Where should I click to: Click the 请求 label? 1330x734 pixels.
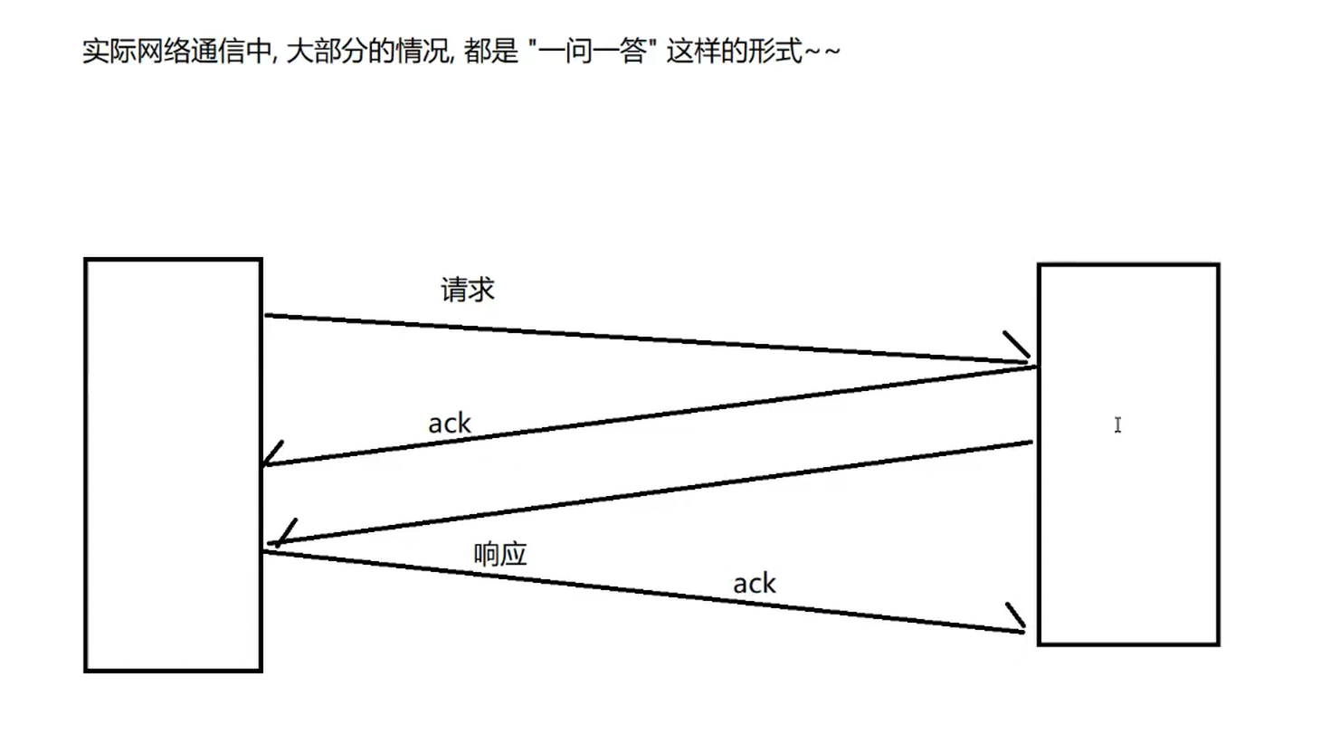tap(468, 291)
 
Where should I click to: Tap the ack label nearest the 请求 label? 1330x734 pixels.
tap(450, 423)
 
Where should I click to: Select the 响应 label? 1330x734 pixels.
tap(500, 555)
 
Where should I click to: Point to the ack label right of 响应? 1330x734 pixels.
tap(755, 584)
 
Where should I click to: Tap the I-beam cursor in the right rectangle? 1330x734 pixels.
tap(1118, 424)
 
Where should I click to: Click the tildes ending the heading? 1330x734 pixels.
tap(822, 52)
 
